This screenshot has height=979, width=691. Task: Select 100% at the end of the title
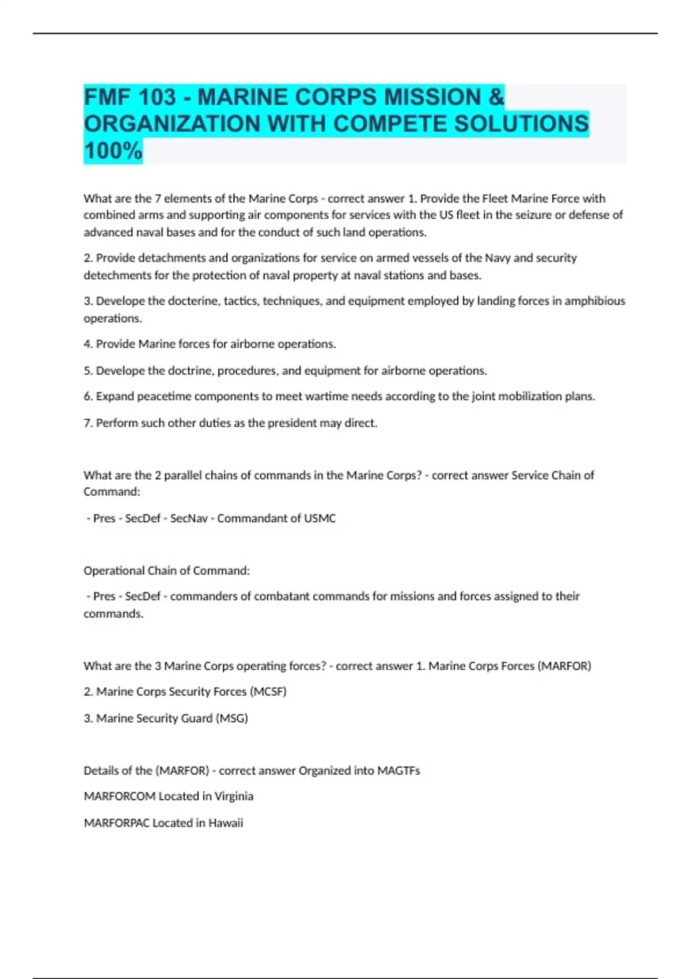coord(113,151)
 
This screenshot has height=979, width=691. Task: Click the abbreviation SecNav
coord(189,518)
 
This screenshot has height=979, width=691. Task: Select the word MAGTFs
coord(398,771)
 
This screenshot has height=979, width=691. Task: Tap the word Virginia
coord(234,796)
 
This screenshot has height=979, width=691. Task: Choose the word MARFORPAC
coord(116,823)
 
